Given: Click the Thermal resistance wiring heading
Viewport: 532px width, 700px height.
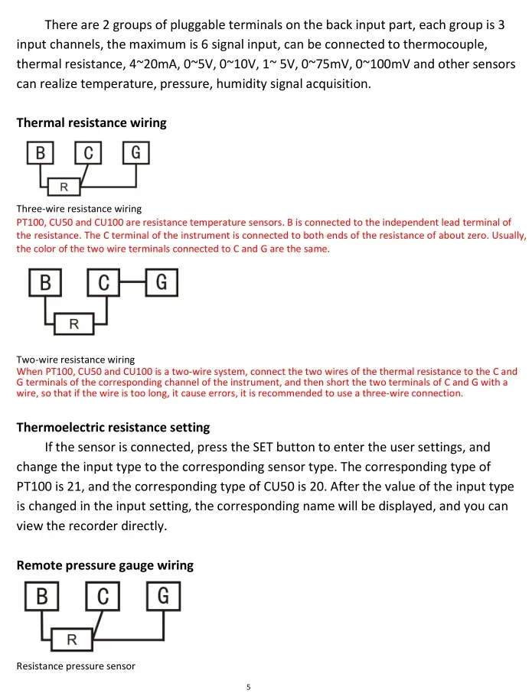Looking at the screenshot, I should point(91,122).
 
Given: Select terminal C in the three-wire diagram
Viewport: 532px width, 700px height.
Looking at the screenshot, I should point(88,153).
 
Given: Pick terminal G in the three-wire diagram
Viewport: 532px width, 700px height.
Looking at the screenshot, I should point(135,153).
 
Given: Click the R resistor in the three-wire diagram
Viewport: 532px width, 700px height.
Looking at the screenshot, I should point(64,187).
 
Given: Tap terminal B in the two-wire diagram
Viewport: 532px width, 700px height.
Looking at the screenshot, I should point(46,284).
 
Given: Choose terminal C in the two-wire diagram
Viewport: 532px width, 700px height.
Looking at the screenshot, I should point(104,284).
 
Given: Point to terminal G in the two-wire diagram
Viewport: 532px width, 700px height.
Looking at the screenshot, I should point(162,284).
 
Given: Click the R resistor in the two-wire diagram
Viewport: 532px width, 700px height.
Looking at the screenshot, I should point(74,324).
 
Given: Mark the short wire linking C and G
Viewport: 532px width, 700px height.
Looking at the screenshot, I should point(132,284).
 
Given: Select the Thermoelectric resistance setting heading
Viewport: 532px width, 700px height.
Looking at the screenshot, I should point(113,427).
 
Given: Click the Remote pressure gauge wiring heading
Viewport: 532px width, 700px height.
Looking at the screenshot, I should point(105,565).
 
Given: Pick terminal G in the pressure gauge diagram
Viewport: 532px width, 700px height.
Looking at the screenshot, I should point(163,595).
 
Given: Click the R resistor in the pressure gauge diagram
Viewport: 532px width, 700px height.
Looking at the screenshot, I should point(71,639).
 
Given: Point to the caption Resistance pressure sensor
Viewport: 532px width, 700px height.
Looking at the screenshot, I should point(76,666).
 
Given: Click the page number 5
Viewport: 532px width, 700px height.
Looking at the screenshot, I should point(249,687).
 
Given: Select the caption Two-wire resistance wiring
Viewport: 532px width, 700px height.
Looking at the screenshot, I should point(76,360).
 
